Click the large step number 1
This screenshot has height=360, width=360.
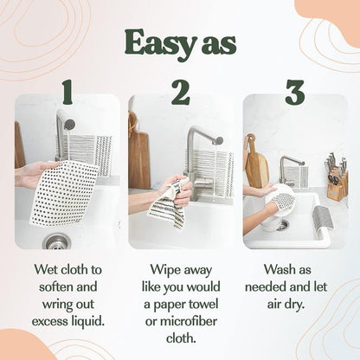67,91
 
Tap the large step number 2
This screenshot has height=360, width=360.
180,91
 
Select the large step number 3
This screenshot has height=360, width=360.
294,91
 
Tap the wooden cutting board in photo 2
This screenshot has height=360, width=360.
139,156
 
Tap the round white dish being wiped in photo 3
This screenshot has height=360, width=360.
281,200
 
